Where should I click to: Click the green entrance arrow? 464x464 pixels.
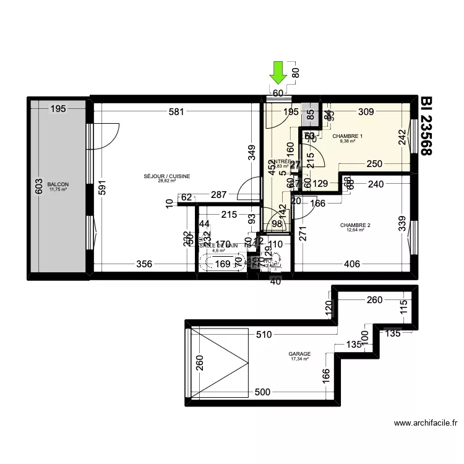[278, 72]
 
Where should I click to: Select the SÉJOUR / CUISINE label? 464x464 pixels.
[166, 177]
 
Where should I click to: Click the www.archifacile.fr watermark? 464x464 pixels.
[426, 424]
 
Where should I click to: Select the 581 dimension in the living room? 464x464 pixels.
[177, 111]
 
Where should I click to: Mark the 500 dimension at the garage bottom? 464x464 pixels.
[262, 392]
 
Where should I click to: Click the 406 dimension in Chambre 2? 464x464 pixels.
[351, 264]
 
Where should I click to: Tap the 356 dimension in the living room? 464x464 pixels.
[144, 264]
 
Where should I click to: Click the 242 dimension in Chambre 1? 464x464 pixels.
[402, 136]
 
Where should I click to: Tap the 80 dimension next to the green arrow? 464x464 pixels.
[295, 72]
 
